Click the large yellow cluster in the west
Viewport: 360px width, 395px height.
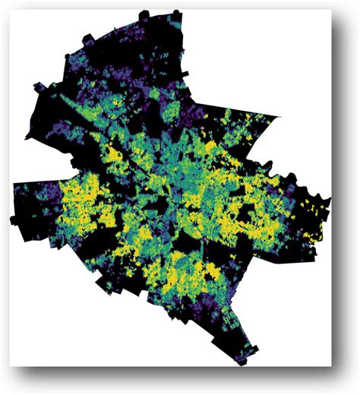76,205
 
